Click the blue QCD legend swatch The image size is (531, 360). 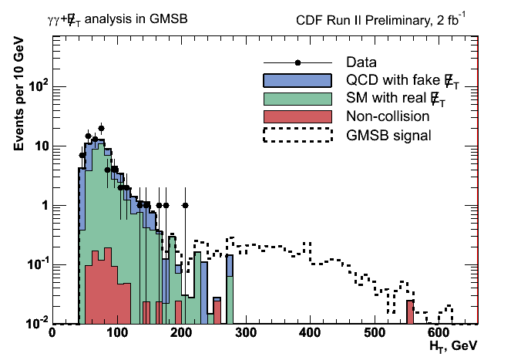[x=297, y=80]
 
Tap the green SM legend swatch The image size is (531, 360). [x=297, y=98]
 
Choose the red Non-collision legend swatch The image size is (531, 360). [x=297, y=116]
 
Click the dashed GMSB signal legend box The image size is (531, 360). [x=297, y=135]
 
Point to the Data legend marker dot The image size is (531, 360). [x=297, y=62]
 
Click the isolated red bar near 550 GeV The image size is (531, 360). [x=411, y=312]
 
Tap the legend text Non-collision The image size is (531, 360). [x=385, y=116]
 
